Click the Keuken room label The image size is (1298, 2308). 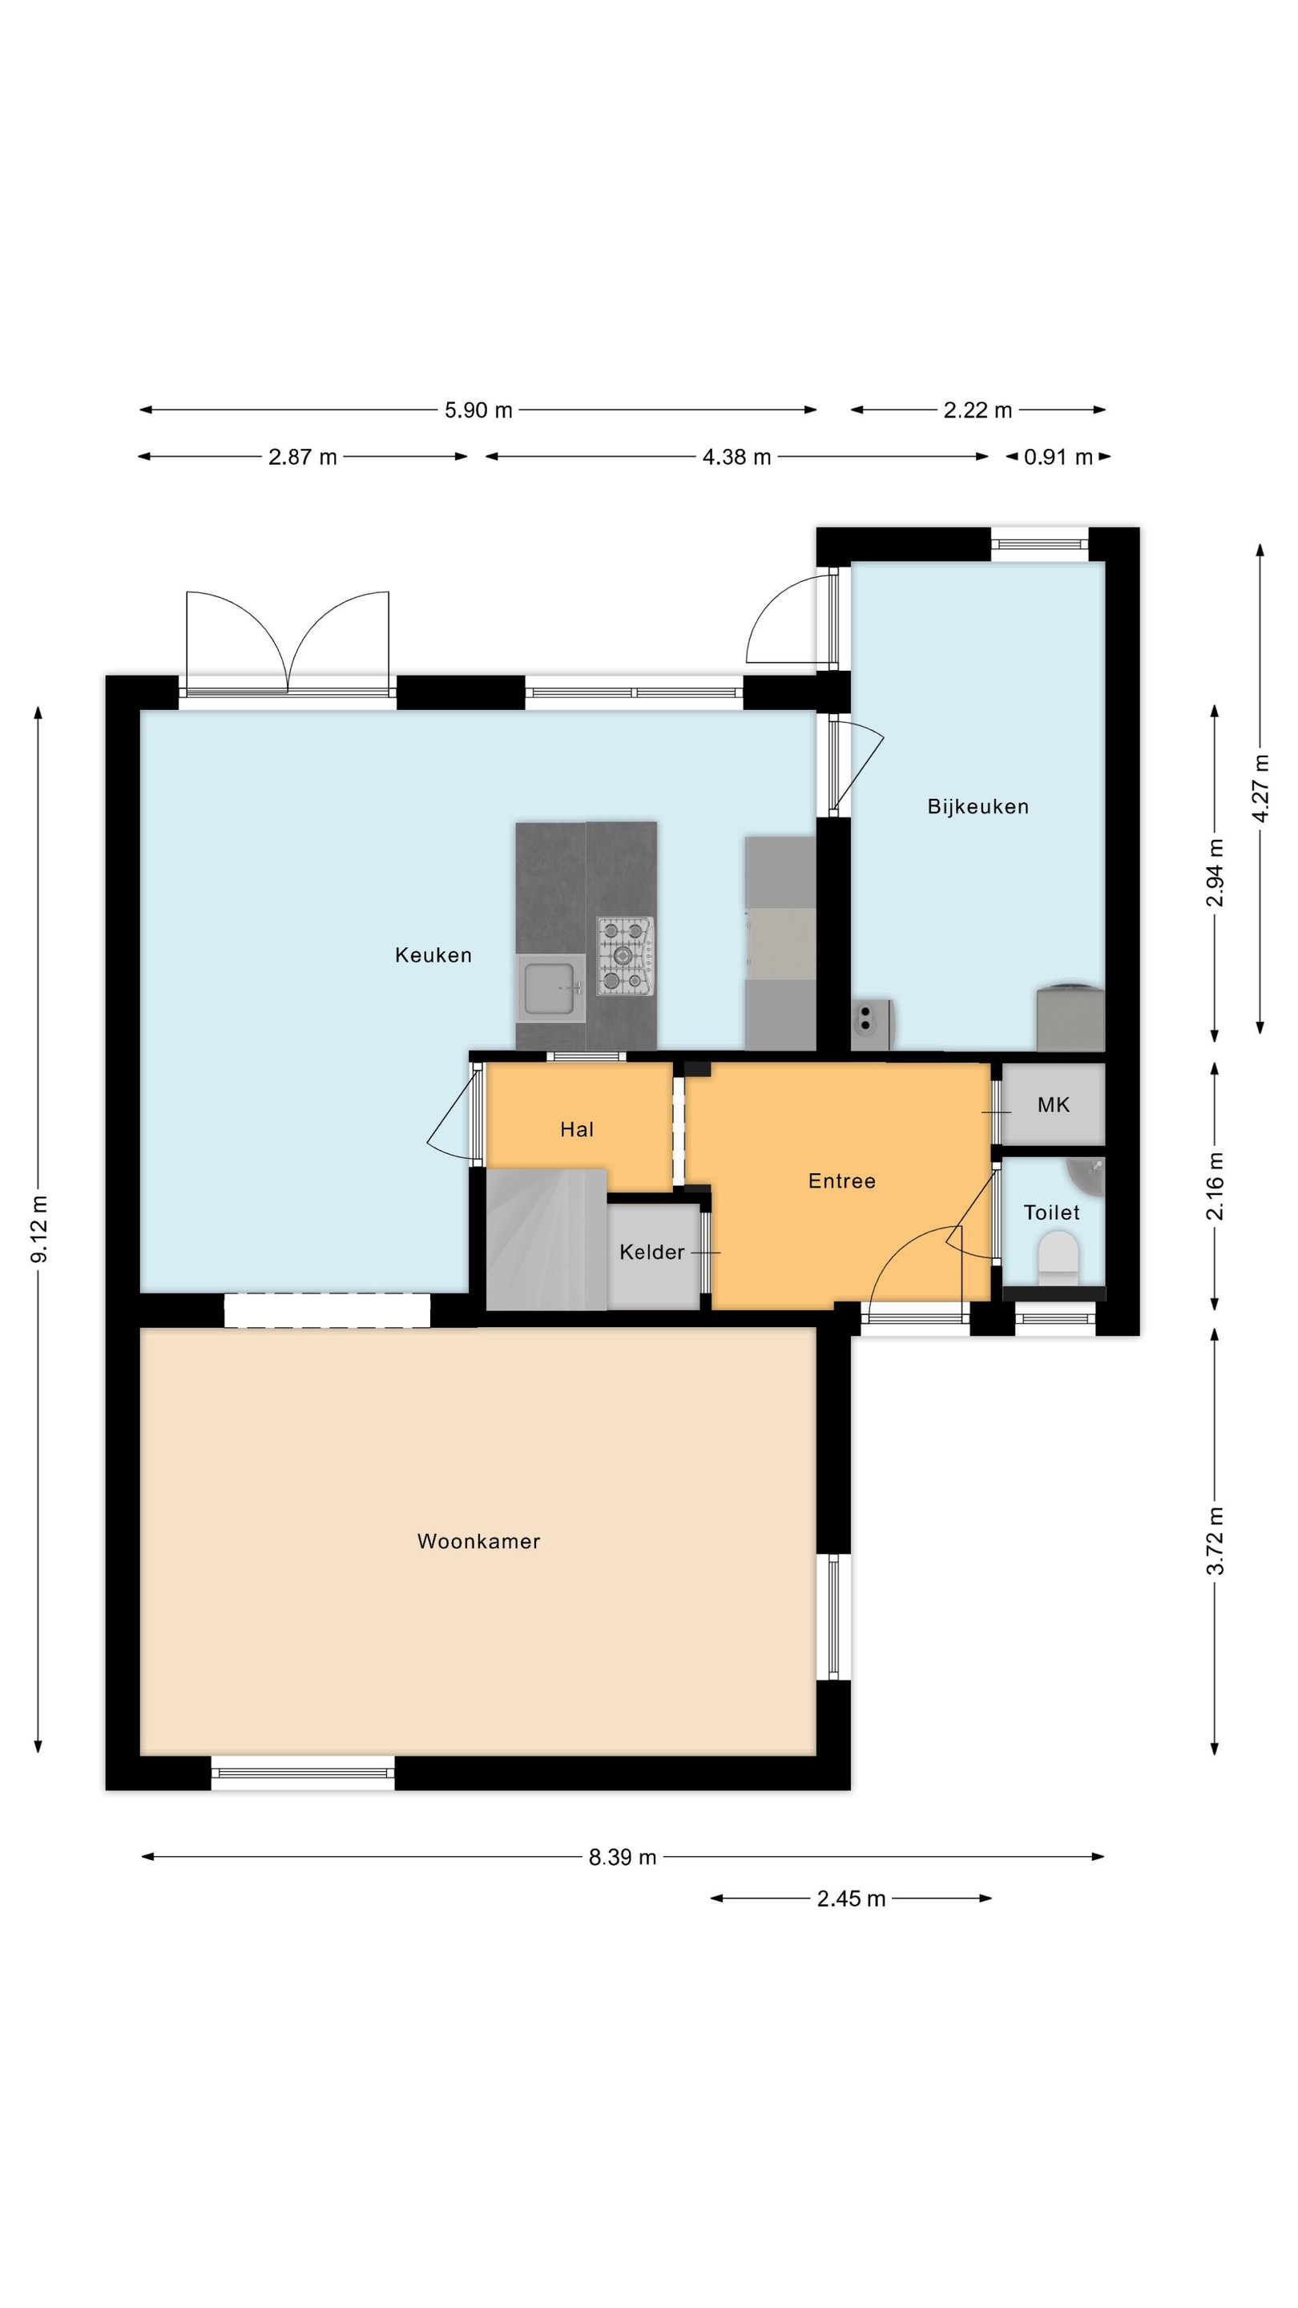pos(433,955)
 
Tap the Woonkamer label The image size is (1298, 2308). pos(478,1541)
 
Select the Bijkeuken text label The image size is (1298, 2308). pos(978,806)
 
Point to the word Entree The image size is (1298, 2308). pos(841,1181)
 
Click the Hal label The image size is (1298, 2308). pos(577,1129)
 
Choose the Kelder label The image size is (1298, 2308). pos(651,1252)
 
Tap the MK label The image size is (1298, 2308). pos(1054,1105)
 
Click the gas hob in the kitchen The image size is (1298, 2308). pos(625,956)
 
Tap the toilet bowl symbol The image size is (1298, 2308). pos(1058,1258)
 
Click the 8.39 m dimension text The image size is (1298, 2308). pos(623,1858)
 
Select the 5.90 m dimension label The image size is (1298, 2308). pos(478,410)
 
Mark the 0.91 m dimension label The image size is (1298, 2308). pos(1058,457)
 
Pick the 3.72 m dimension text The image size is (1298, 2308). pos(1215,1540)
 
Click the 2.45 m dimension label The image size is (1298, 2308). pos(851,1898)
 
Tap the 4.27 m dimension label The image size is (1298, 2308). pos(1260,789)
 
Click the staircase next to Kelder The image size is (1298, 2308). pos(546,1239)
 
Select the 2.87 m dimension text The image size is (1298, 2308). pos(303,457)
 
